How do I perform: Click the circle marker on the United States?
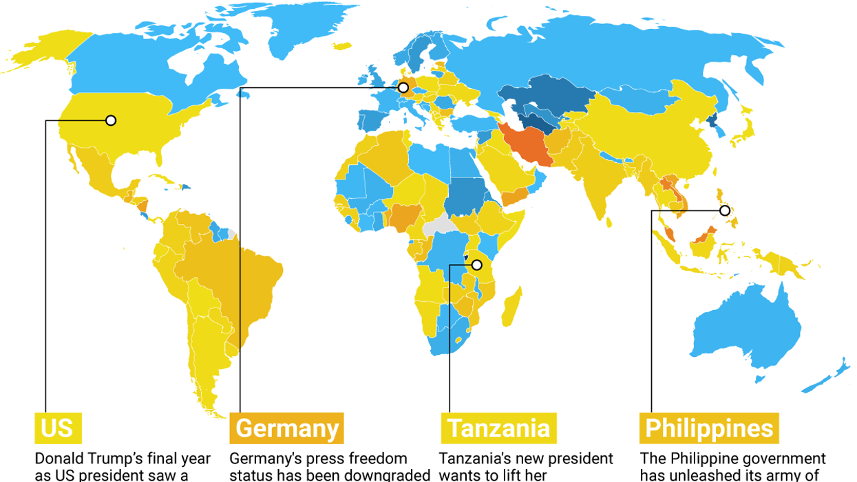[111, 120]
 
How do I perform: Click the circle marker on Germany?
[403, 88]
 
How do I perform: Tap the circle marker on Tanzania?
[476, 265]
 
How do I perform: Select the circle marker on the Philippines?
[725, 210]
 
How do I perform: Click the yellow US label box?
[58, 428]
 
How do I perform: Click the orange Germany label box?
[286, 428]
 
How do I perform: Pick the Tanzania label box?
[498, 428]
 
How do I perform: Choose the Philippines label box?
[709, 428]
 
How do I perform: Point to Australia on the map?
[747, 330]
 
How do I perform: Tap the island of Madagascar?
[511, 307]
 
